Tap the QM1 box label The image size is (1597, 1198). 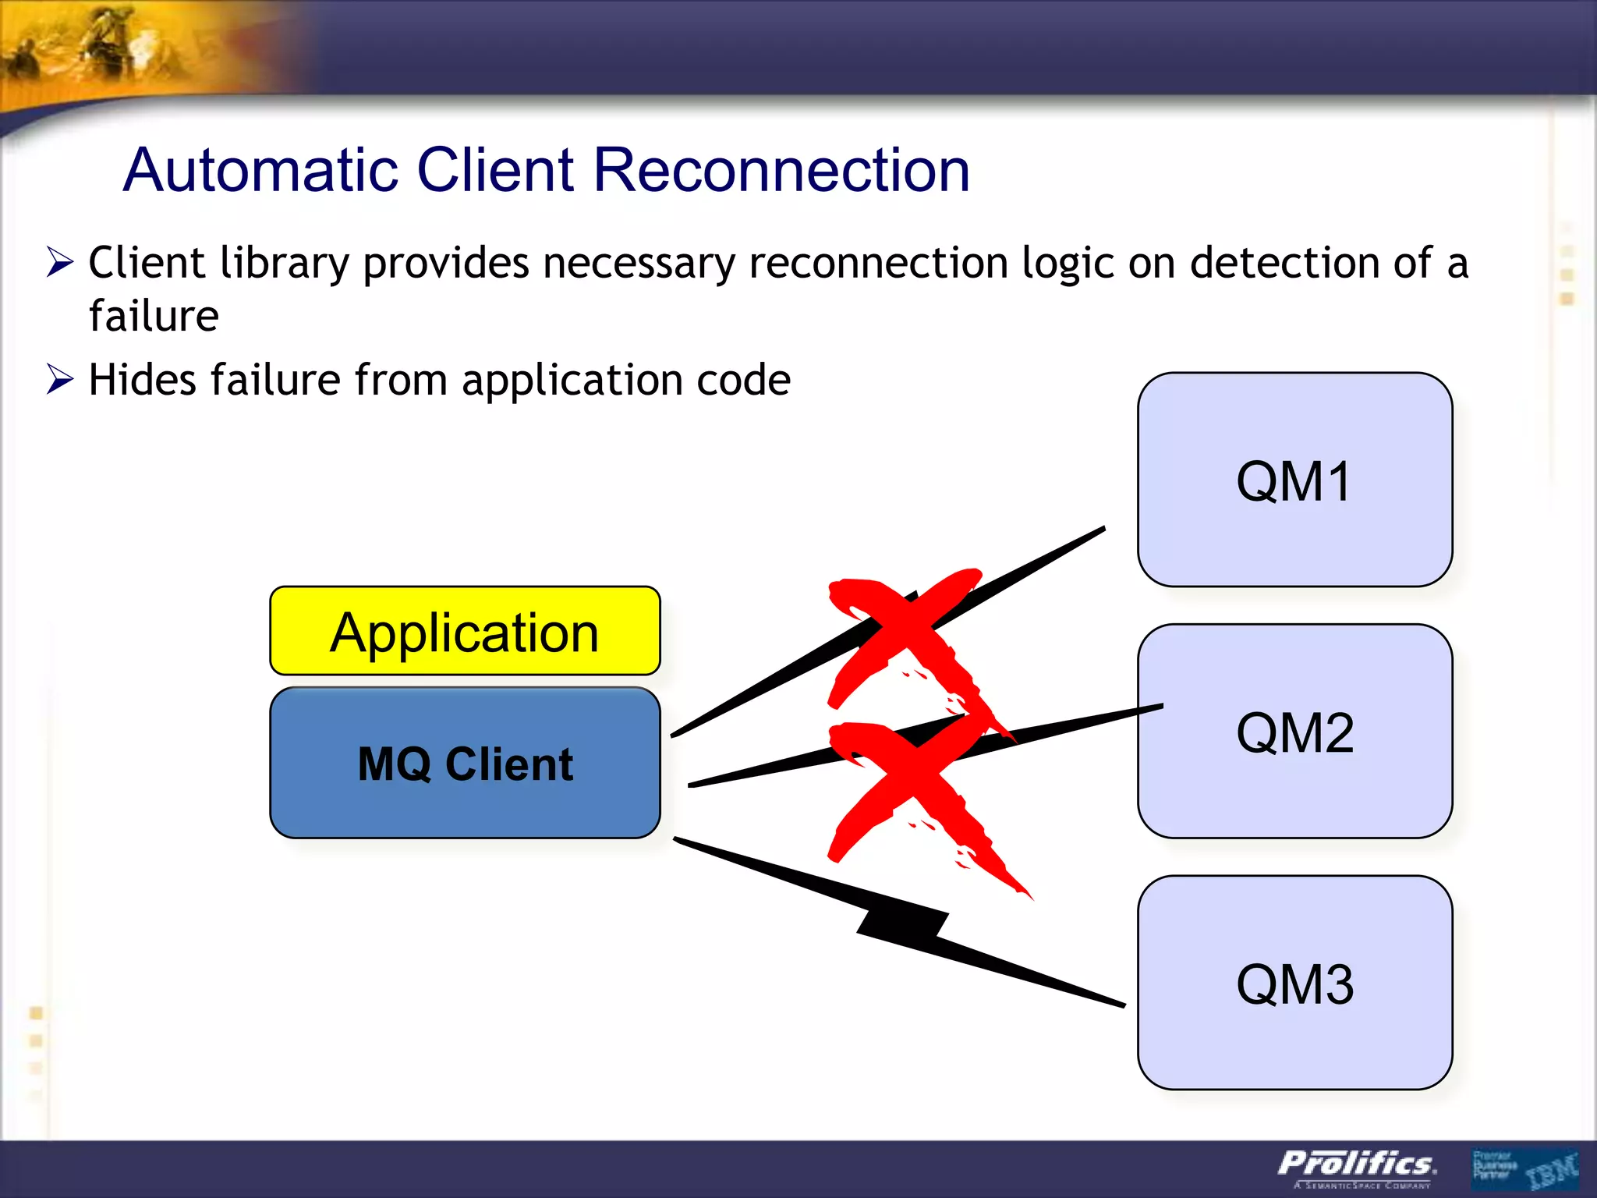click(x=1294, y=481)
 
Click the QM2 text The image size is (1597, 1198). click(x=1294, y=733)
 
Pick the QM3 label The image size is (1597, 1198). click(x=1294, y=984)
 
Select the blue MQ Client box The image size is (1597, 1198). click(x=465, y=764)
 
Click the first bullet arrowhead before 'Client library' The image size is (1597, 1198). click(x=59, y=262)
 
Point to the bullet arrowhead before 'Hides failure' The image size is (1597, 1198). click(x=59, y=380)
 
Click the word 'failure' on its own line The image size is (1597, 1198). click(x=154, y=316)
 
